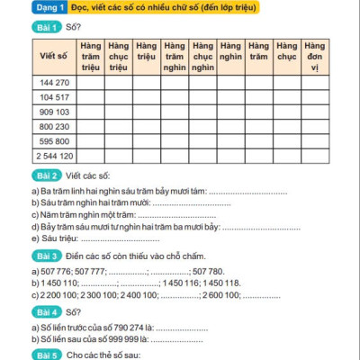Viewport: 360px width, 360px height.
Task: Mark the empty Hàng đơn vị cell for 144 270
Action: pos(314,82)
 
